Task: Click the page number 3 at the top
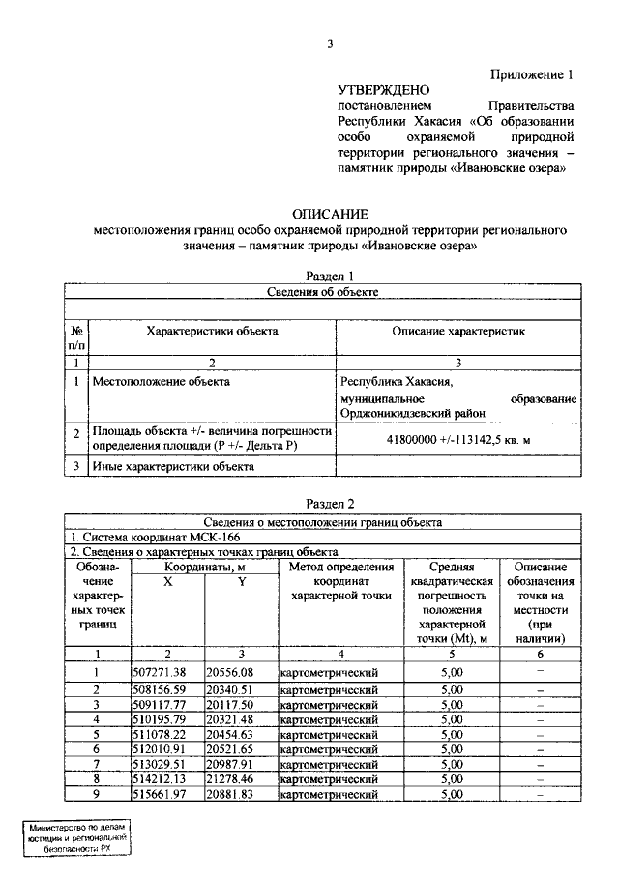[330, 44]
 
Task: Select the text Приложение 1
[536, 73]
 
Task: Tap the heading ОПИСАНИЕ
[329, 214]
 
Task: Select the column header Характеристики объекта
[212, 331]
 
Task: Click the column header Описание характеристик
[458, 331]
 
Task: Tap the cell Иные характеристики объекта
[173, 466]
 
